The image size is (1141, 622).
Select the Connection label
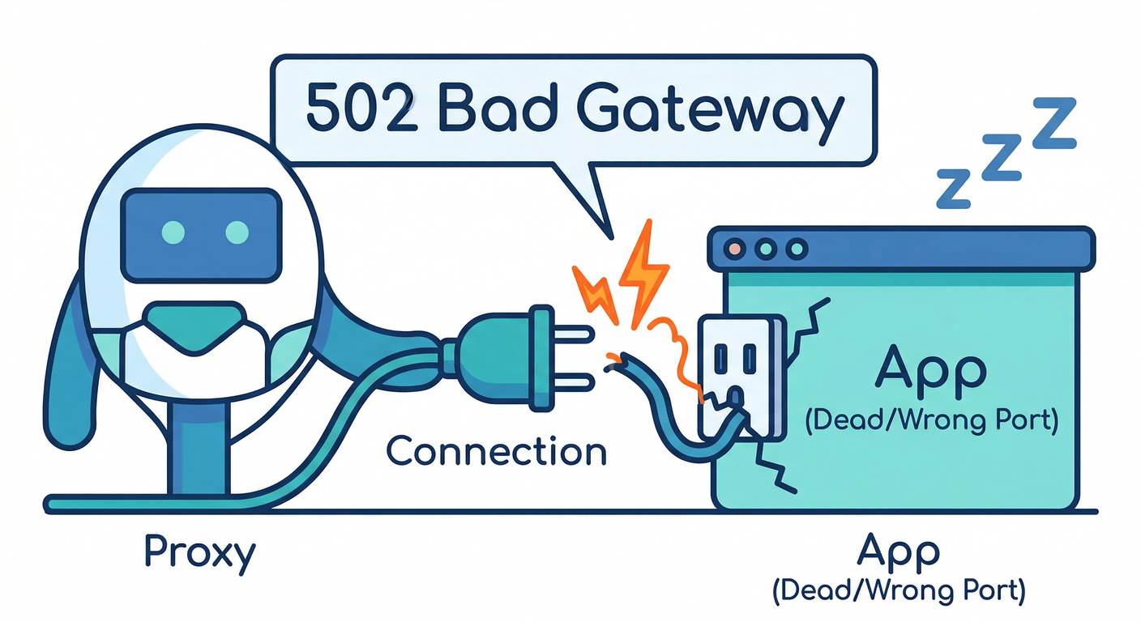click(497, 450)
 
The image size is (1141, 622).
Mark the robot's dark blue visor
click(201, 232)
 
